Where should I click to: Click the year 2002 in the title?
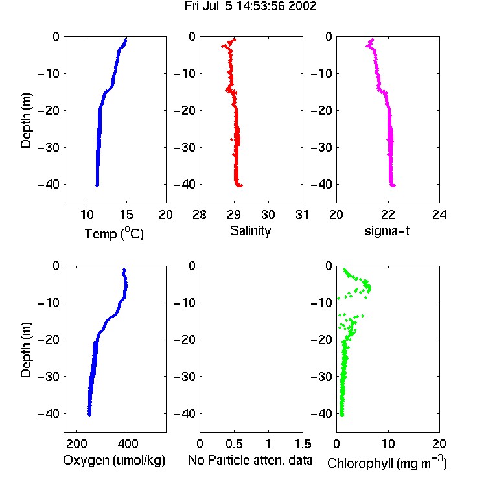(x=302, y=6)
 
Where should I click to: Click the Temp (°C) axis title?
(x=114, y=233)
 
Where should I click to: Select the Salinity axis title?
(x=250, y=231)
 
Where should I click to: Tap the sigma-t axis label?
(x=387, y=231)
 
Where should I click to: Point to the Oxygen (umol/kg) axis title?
(x=114, y=461)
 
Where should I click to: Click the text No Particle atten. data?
(x=250, y=460)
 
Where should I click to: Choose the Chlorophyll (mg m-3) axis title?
(x=387, y=463)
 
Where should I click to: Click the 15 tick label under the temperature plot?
(x=126, y=214)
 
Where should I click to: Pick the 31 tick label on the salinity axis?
(x=302, y=214)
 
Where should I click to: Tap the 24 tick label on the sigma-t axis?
(x=439, y=214)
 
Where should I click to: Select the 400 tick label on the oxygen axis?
(x=128, y=444)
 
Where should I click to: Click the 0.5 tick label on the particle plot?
(x=234, y=444)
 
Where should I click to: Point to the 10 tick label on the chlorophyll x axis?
(x=388, y=444)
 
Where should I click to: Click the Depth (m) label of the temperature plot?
(x=26, y=121)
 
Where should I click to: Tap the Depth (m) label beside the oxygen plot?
(x=26, y=350)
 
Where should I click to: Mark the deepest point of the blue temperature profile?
(x=97, y=185)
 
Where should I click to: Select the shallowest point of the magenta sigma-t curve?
(x=372, y=40)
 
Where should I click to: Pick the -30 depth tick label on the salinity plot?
(x=185, y=147)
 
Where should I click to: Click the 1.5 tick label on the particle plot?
(x=303, y=444)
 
